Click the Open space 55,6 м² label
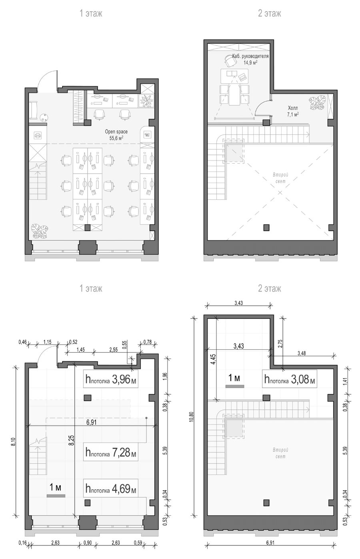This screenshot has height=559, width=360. pos(116,135)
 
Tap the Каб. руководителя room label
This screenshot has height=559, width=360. pos(250,56)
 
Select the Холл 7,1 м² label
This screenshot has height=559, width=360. pos(293,111)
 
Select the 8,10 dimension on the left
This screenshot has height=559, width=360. pos(13,442)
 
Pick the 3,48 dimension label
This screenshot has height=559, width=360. pos(302,353)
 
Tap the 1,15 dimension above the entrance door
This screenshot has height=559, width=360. pos(47,342)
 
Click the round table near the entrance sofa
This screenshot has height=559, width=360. pos(44,117)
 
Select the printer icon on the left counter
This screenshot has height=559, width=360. pos(38,136)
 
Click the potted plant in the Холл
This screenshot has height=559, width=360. pos(317,103)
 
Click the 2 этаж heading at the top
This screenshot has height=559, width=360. pos(270,13)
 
